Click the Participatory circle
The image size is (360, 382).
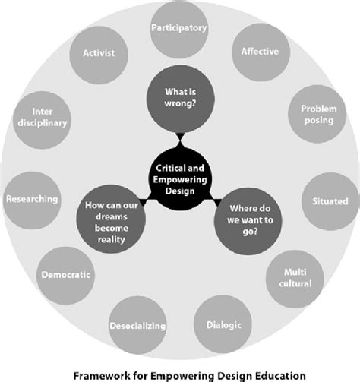point(179,29)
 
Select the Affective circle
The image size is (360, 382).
point(260,53)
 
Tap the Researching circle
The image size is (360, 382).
point(31,199)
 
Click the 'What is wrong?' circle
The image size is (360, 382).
point(179,98)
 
